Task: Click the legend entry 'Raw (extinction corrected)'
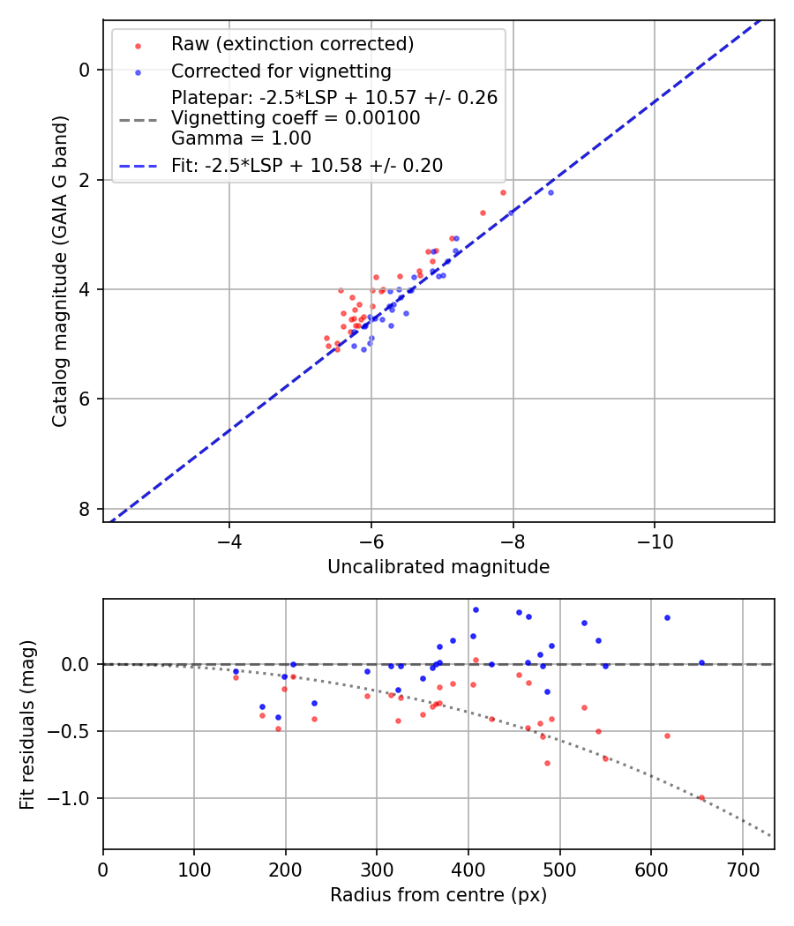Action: tap(292, 44)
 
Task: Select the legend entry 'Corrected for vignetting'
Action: tap(281, 71)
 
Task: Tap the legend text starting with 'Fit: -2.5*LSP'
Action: tap(307, 165)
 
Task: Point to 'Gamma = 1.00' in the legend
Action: tap(241, 138)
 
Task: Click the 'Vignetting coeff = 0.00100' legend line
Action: tap(296, 118)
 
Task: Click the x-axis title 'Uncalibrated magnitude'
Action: tap(438, 567)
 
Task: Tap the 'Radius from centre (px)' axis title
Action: tap(438, 895)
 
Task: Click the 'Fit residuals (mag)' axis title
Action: tap(28, 724)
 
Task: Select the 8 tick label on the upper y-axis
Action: tap(84, 509)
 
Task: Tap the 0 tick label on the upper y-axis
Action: tap(84, 70)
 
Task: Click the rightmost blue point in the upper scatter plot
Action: tap(551, 192)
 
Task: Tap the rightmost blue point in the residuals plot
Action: tap(701, 662)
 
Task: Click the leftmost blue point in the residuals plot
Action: tap(236, 671)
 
